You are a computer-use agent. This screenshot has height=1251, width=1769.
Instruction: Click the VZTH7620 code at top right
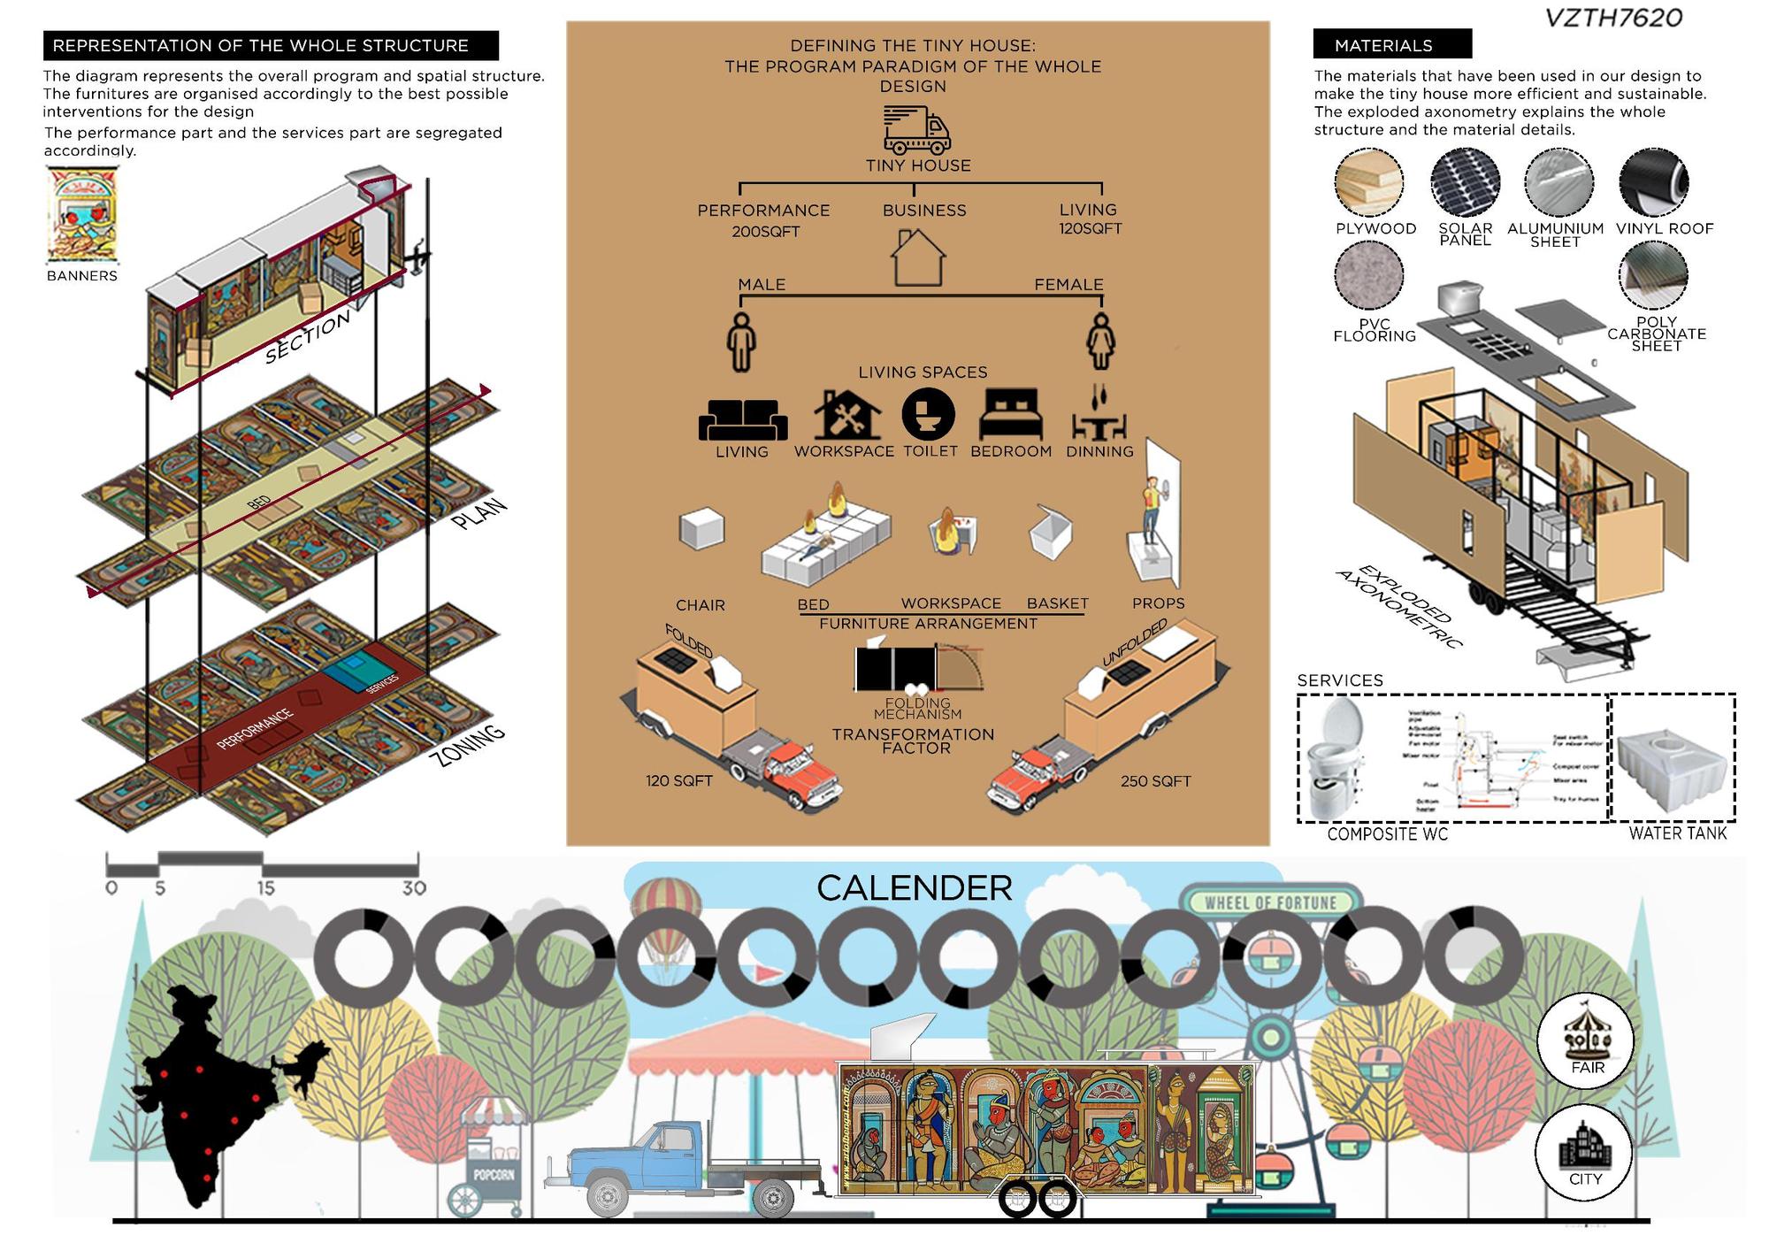click(x=1613, y=18)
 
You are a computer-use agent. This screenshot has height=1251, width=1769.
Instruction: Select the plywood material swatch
click(x=1369, y=182)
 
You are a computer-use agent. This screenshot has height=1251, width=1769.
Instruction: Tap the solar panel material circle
click(x=1465, y=182)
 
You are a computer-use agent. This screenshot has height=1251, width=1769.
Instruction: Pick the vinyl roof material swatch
click(x=1653, y=182)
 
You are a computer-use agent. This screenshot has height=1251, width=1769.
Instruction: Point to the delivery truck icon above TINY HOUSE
click(x=917, y=130)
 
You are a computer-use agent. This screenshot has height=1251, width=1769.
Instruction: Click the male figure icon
click(x=741, y=342)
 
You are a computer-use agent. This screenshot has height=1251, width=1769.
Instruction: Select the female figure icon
click(x=1100, y=342)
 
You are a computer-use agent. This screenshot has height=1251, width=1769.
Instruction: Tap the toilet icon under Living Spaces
click(x=928, y=414)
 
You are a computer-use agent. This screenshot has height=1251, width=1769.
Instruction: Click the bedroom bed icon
click(x=1011, y=416)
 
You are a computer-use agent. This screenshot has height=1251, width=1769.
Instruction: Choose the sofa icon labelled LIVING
click(x=742, y=419)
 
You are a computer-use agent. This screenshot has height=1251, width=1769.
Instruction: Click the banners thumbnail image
click(x=81, y=216)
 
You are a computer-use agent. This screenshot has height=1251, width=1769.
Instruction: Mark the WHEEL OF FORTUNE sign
click(x=1270, y=902)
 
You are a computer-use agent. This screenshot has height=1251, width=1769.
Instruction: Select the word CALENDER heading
click(x=914, y=888)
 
